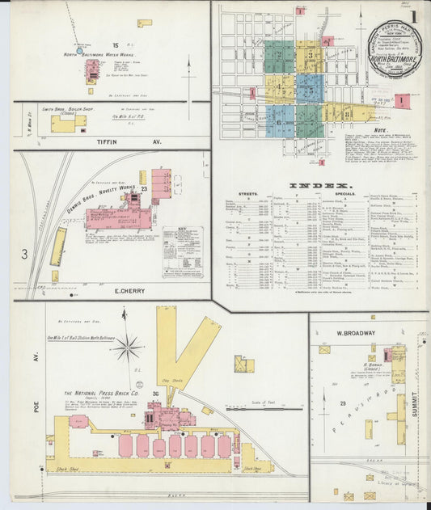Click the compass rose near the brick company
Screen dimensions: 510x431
point(127,348)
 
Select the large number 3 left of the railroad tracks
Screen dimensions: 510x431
point(24,255)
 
